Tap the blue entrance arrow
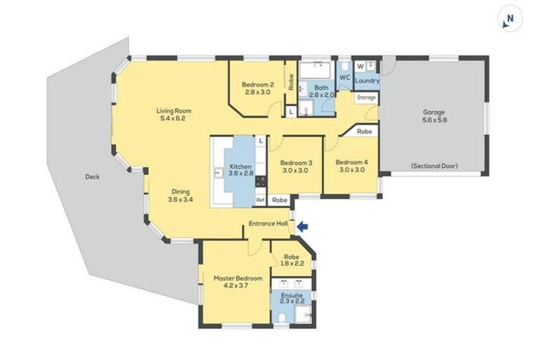tap(302, 226)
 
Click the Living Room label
tap(174, 111)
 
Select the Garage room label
tap(434, 112)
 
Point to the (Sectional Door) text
tap(434, 167)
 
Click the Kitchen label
tap(240, 167)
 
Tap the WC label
tap(345, 77)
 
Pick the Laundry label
tap(367, 81)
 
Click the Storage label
tap(366, 98)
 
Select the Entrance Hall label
tap(268, 225)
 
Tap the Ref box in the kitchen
tap(259, 200)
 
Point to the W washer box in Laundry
tap(360, 66)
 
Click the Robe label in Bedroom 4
tap(364, 131)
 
